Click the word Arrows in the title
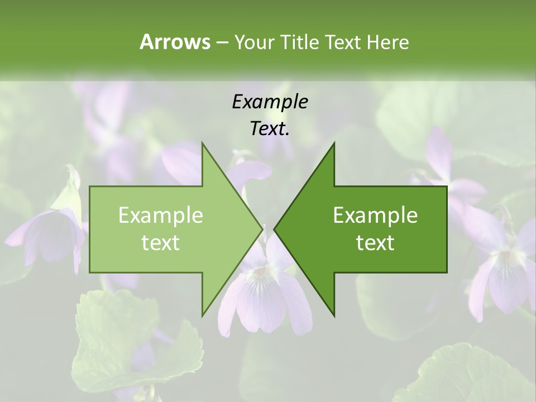[x=175, y=42]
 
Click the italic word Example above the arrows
[x=270, y=102]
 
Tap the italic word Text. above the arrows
[x=270, y=128]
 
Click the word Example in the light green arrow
[x=161, y=215]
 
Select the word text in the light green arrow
[x=161, y=242]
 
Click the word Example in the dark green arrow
[x=375, y=215]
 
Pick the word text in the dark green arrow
[x=375, y=242]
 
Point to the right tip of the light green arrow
[x=262, y=229]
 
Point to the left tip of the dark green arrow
[x=274, y=229]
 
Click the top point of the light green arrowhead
[x=202, y=143]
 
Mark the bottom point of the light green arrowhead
[x=202, y=315]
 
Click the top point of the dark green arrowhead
[x=334, y=143]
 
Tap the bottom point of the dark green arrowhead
[x=334, y=315]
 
